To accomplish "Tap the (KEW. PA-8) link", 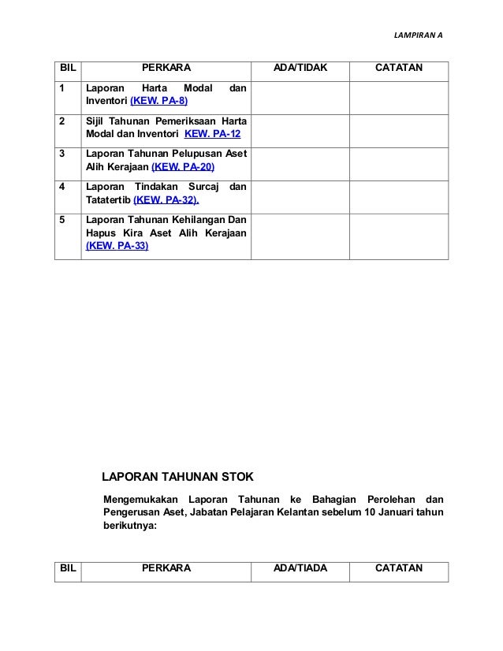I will pyautogui.click(x=159, y=102).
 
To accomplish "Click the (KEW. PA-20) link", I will pyautogui.click(x=182, y=166).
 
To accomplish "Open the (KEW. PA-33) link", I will pyautogui.click(x=116, y=246).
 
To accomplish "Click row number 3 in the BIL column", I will pyautogui.click(x=62, y=154).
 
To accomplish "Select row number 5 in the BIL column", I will pyautogui.click(x=62, y=220).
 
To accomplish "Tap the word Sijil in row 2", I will pyautogui.click(x=96, y=121).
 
